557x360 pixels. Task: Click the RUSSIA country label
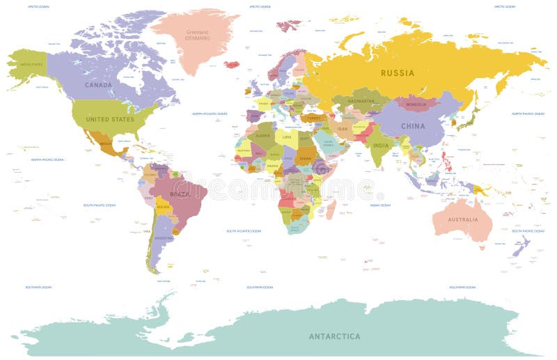point(398,73)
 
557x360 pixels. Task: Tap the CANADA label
point(99,85)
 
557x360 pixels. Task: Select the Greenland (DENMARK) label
point(196,35)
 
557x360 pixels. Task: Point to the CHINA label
point(412,126)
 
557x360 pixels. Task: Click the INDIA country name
point(380,145)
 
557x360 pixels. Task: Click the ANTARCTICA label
point(335,336)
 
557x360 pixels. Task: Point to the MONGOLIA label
point(416,105)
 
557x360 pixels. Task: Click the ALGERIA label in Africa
point(263,136)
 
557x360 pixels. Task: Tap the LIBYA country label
point(287,136)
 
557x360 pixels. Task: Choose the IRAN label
point(343,129)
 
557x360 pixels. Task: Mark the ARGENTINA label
point(163,237)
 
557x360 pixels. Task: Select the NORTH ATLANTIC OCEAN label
point(210,114)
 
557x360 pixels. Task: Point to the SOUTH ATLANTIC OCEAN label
point(244,230)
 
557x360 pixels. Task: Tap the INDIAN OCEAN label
point(380,205)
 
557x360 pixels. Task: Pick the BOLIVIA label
point(163,207)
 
